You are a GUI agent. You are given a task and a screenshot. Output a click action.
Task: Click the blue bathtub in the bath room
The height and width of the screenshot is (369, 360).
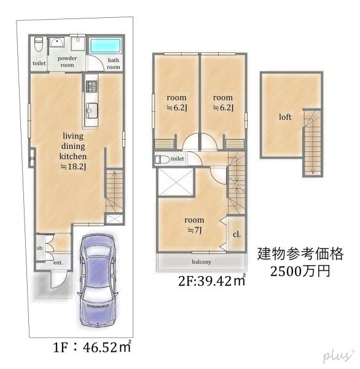pos(106,46)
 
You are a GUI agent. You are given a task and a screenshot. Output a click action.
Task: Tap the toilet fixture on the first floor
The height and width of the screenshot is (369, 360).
pos(38,44)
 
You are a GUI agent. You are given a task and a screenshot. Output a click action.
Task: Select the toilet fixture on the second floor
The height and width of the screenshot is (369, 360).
pos(162,159)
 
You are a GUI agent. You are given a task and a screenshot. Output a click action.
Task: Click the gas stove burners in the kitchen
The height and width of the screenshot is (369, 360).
pos(92,86)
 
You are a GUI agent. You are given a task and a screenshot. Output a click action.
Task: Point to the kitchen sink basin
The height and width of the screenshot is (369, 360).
pos(92,110)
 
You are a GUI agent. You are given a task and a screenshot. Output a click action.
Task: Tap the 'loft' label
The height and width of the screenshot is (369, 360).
pos(285,117)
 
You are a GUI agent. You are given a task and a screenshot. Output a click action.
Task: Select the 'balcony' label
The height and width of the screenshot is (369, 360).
pos(202,262)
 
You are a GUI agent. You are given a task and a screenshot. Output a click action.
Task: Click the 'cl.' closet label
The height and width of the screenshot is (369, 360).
pos(237,234)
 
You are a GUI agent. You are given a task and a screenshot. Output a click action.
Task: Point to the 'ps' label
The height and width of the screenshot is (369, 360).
pos(32,159)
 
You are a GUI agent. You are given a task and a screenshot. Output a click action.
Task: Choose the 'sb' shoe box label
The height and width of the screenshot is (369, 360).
pos(39,248)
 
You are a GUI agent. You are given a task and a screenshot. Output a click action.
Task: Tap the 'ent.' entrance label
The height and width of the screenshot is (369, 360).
pos(58,263)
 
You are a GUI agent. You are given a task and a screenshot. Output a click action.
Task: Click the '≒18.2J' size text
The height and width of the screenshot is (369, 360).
pos(73,167)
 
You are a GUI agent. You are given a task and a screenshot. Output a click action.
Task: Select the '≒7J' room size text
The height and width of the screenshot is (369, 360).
pos(195,230)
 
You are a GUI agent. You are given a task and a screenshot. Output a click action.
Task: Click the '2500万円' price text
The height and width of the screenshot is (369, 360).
pos(300,271)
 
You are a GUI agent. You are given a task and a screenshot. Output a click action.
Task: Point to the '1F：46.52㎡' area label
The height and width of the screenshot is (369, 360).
pos(92,347)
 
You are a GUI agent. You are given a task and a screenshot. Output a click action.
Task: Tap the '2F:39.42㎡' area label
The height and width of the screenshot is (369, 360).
pos(212,280)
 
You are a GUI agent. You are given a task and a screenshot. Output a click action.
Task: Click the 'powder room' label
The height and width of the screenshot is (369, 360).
pos(67,61)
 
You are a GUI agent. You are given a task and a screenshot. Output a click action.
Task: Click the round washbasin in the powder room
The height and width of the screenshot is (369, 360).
pos(57,42)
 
